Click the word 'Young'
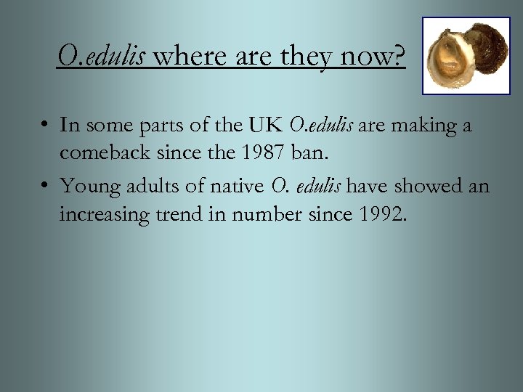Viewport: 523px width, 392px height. [x=90, y=186]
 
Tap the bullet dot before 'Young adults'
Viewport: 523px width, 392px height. [x=46, y=187]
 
